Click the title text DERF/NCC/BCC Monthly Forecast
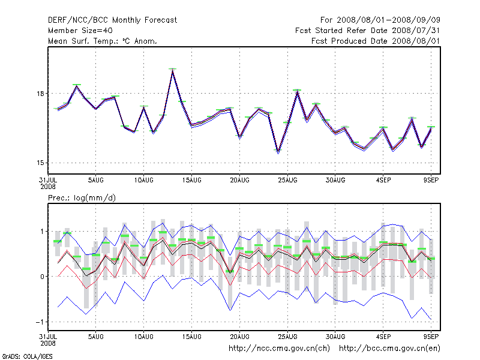pyautogui.click(x=112, y=20)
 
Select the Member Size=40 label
pyautogui.click(x=81, y=31)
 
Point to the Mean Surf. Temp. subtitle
pyautogui.click(x=103, y=41)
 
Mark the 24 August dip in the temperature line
pyautogui.click(x=278, y=152)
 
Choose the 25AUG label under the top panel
pyautogui.click(x=288, y=180)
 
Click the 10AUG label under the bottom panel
pyautogui.click(x=143, y=338)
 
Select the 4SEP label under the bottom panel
pyautogui.click(x=384, y=338)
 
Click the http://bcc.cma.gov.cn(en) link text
pyautogui.click(x=391, y=348)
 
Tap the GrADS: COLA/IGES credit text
pyautogui.click(x=20, y=356)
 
